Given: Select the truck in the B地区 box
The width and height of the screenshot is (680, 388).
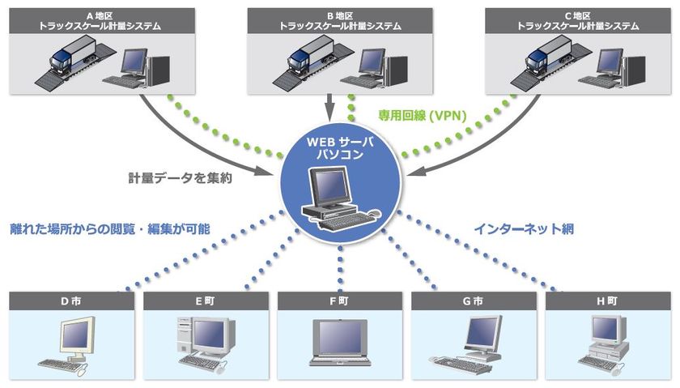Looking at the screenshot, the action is point(311,56).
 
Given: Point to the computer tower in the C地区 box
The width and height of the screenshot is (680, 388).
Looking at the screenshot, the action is point(635,70).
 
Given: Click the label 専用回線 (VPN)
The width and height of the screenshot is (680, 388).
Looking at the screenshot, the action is point(423,116).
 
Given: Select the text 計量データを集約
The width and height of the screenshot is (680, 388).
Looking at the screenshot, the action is point(180,178).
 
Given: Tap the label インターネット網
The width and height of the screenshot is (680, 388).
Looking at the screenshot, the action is point(524,228).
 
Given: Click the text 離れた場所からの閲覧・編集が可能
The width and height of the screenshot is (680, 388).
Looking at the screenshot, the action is point(110,228).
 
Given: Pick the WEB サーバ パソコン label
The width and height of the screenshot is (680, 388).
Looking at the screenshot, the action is point(340,148).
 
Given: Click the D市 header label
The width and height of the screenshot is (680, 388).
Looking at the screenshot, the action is point(71,301).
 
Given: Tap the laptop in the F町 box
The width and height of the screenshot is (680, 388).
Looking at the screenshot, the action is point(340,343).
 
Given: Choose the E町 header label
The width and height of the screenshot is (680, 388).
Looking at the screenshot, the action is point(205,301).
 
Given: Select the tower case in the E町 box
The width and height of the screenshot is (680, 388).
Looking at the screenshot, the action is point(185,335).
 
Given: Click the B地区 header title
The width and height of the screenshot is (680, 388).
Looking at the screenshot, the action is point(340,21).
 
